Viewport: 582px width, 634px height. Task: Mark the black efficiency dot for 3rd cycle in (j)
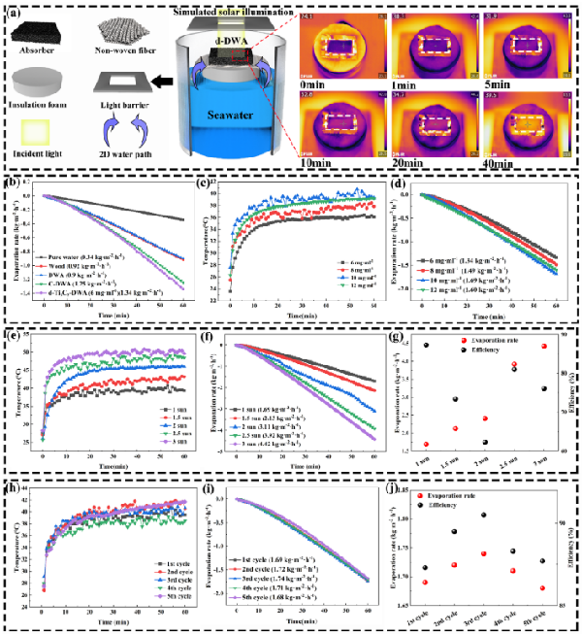483,515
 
